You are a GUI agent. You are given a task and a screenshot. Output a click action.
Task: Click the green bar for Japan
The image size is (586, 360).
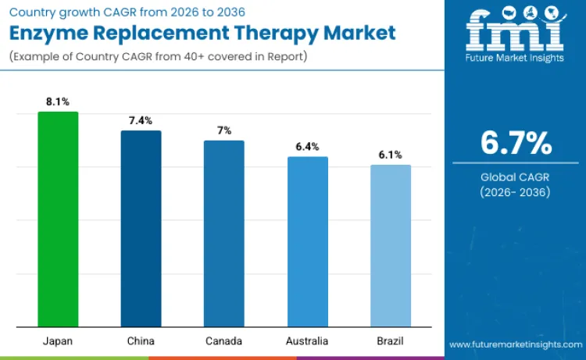[x=58, y=219]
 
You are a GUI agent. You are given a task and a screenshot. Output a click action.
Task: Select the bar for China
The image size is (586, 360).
[x=141, y=229]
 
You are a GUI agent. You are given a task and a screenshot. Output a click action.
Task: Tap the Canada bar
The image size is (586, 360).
[x=223, y=233]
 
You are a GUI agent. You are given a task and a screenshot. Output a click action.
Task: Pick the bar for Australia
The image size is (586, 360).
[x=307, y=242]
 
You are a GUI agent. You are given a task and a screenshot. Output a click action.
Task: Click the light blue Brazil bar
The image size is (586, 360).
[x=390, y=246]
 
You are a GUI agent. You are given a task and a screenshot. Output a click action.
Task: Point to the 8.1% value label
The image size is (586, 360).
[x=58, y=102]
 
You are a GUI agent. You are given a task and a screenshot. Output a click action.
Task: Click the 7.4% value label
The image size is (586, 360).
[x=141, y=120]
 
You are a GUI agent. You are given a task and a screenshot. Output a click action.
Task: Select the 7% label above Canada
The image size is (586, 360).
[x=223, y=130]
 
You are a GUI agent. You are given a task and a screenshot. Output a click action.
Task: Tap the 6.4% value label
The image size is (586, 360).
[x=307, y=147]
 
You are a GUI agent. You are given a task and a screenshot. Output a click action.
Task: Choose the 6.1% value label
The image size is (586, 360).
[x=390, y=155]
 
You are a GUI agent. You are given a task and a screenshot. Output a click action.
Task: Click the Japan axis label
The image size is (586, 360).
[x=58, y=341]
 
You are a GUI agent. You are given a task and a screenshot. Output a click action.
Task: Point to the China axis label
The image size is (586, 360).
[x=141, y=341]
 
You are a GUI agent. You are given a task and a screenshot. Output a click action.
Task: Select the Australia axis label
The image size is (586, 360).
[x=307, y=341]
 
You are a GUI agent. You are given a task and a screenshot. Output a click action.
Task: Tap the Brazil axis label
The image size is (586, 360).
[x=390, y=341]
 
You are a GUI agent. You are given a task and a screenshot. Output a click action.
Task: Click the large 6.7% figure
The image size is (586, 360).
[x=516, y=144]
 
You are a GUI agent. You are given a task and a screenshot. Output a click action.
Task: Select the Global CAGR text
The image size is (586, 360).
[x=516, y=177]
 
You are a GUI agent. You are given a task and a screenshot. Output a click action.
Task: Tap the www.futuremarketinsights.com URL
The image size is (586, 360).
[x=515, y=344]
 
